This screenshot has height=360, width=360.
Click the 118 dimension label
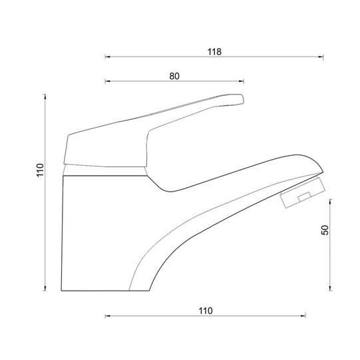coord(214,52)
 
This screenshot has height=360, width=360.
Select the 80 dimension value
coord(174,76)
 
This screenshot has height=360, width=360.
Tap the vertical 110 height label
coord(40,170)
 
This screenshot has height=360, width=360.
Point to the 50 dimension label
coord(325,230)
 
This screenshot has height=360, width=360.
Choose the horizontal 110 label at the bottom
coord(206,311)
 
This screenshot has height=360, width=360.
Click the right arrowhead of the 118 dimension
coord(321,57)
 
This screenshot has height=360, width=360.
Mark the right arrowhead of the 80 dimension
coord(242,81)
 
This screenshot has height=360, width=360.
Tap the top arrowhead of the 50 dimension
coord(330,202)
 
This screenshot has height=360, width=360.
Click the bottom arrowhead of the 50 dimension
coord(330,288)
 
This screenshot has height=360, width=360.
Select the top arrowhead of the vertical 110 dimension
coord(45,96)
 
